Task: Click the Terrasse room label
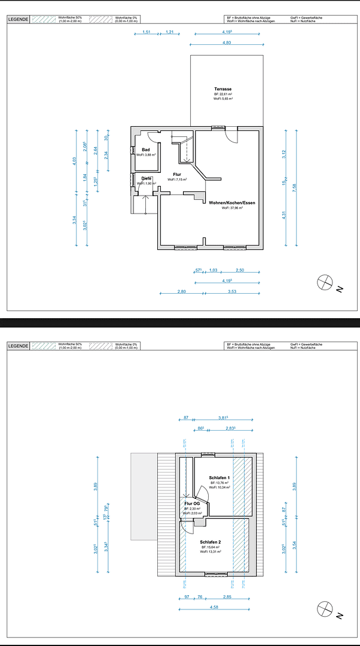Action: pos(223,89)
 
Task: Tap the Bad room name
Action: pos(145,150)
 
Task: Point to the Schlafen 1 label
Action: pos(219,478)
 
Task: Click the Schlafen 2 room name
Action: pos(210,542)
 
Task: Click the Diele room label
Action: pos(146,178)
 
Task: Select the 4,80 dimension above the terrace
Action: pos(226,43)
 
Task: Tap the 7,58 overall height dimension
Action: pos(294,188)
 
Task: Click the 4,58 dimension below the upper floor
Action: pos(214,608)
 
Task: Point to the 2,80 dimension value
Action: pos(182,291)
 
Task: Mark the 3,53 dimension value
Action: pos(233,291)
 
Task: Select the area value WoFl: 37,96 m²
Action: pos(233,209)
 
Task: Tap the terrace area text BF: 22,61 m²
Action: pos(223,95)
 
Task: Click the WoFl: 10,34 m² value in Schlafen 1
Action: pos(219,487)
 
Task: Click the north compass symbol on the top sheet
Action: pos(325,282)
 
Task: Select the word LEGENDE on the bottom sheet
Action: pos(17,345)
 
